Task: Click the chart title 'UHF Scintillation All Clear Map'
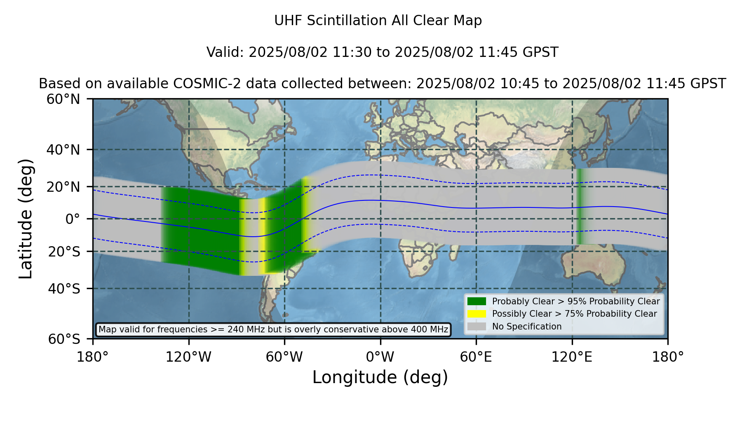pos(378,21)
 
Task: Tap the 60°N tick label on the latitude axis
pos(63,99)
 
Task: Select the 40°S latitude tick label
pos(64,289)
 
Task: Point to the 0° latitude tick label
pos(73,219)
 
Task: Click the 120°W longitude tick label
pos(188,357)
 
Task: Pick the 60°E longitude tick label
pos(476,357)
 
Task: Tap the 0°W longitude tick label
pos(380,357)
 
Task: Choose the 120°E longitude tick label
pos(572,357)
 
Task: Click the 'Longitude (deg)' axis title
pos(380,377)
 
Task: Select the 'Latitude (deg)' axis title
pos(26,219)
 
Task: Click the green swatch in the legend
pos(477,301)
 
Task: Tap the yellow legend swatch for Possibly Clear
pos(477,314)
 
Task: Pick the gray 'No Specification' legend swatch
pos(477,327)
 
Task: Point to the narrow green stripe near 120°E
pos(580,206)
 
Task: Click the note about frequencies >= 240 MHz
pos(273,329)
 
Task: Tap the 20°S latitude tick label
pos(64,251)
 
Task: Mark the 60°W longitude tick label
pos(284,357)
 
